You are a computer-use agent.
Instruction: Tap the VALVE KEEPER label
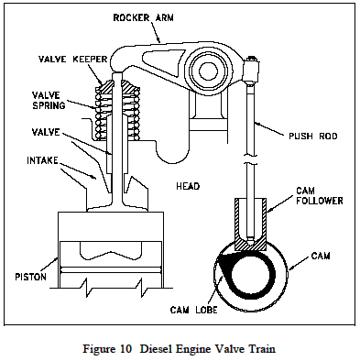[65, 60]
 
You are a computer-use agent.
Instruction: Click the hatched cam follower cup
[250, 224]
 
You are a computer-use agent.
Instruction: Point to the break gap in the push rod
[250, 179]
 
